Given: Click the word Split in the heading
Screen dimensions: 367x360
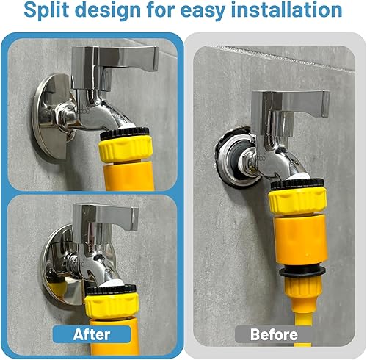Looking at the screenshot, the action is pyautogui.click(x=46, y=10).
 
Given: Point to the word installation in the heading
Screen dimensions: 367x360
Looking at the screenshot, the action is pyautogui.click(x=286, y=10).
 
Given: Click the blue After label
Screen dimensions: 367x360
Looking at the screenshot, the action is pyautogui.click(x=92, y=334).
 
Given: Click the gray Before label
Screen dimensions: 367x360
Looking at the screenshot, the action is pyautogui.click(x=274, y=334).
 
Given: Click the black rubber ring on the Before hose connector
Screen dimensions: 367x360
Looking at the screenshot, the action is pyautogui.click(x=302, y=272).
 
